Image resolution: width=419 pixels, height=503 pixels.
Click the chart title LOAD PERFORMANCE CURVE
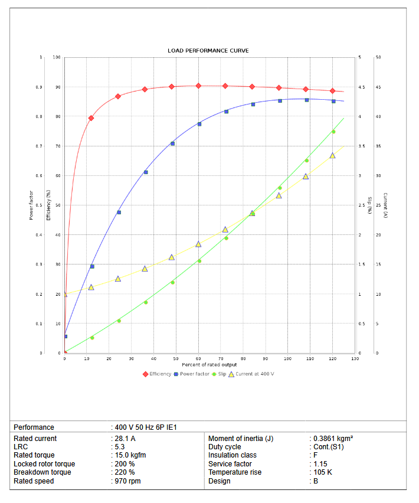coord(208,51)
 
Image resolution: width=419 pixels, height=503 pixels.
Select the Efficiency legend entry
coord(160,374)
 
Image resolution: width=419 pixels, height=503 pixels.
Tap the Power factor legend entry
coord(194,374)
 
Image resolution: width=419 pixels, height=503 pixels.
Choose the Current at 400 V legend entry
coord(254,374)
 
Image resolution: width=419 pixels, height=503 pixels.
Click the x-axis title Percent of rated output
coord(209,365)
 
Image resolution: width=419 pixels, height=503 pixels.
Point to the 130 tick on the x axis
coord(355,358)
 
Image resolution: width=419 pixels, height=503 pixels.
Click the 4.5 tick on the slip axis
coord(361,87)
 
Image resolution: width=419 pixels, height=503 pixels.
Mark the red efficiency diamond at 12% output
coord(91,118)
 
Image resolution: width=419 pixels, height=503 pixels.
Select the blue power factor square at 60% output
coord(199,124)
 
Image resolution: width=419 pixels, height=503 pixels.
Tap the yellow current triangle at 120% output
coord(332,155)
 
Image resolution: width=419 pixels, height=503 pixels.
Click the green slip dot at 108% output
coord(306,161)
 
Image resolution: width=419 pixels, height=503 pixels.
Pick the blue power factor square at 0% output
coord(65,337)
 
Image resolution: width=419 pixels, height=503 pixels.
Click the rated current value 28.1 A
coord(125,439)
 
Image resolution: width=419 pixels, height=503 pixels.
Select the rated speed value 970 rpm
coord(128,481)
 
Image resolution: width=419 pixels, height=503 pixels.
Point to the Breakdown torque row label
coord(42,472)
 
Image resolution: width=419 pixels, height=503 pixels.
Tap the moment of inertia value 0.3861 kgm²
coord(333,439)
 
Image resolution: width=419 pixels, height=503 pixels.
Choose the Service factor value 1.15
coord(320,464)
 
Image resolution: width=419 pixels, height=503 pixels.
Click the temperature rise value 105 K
coord(322,472)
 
